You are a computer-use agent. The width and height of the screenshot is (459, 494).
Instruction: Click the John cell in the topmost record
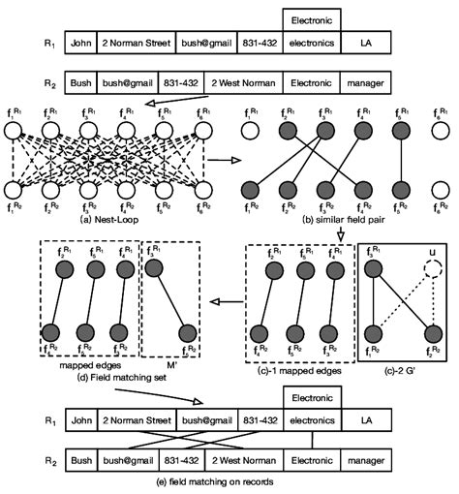(x=85, y=42)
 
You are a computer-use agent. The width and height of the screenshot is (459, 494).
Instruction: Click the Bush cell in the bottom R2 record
(x=81, y=458)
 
